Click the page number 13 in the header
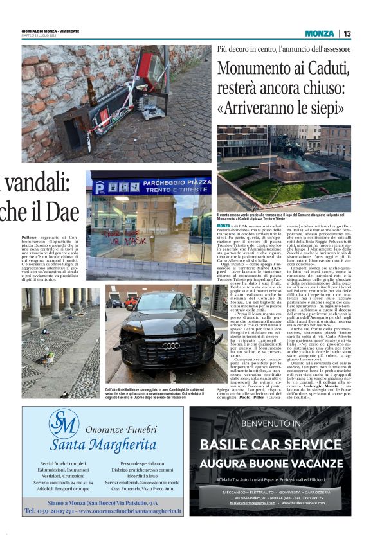[347, 33]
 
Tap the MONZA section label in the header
[320, 33]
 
